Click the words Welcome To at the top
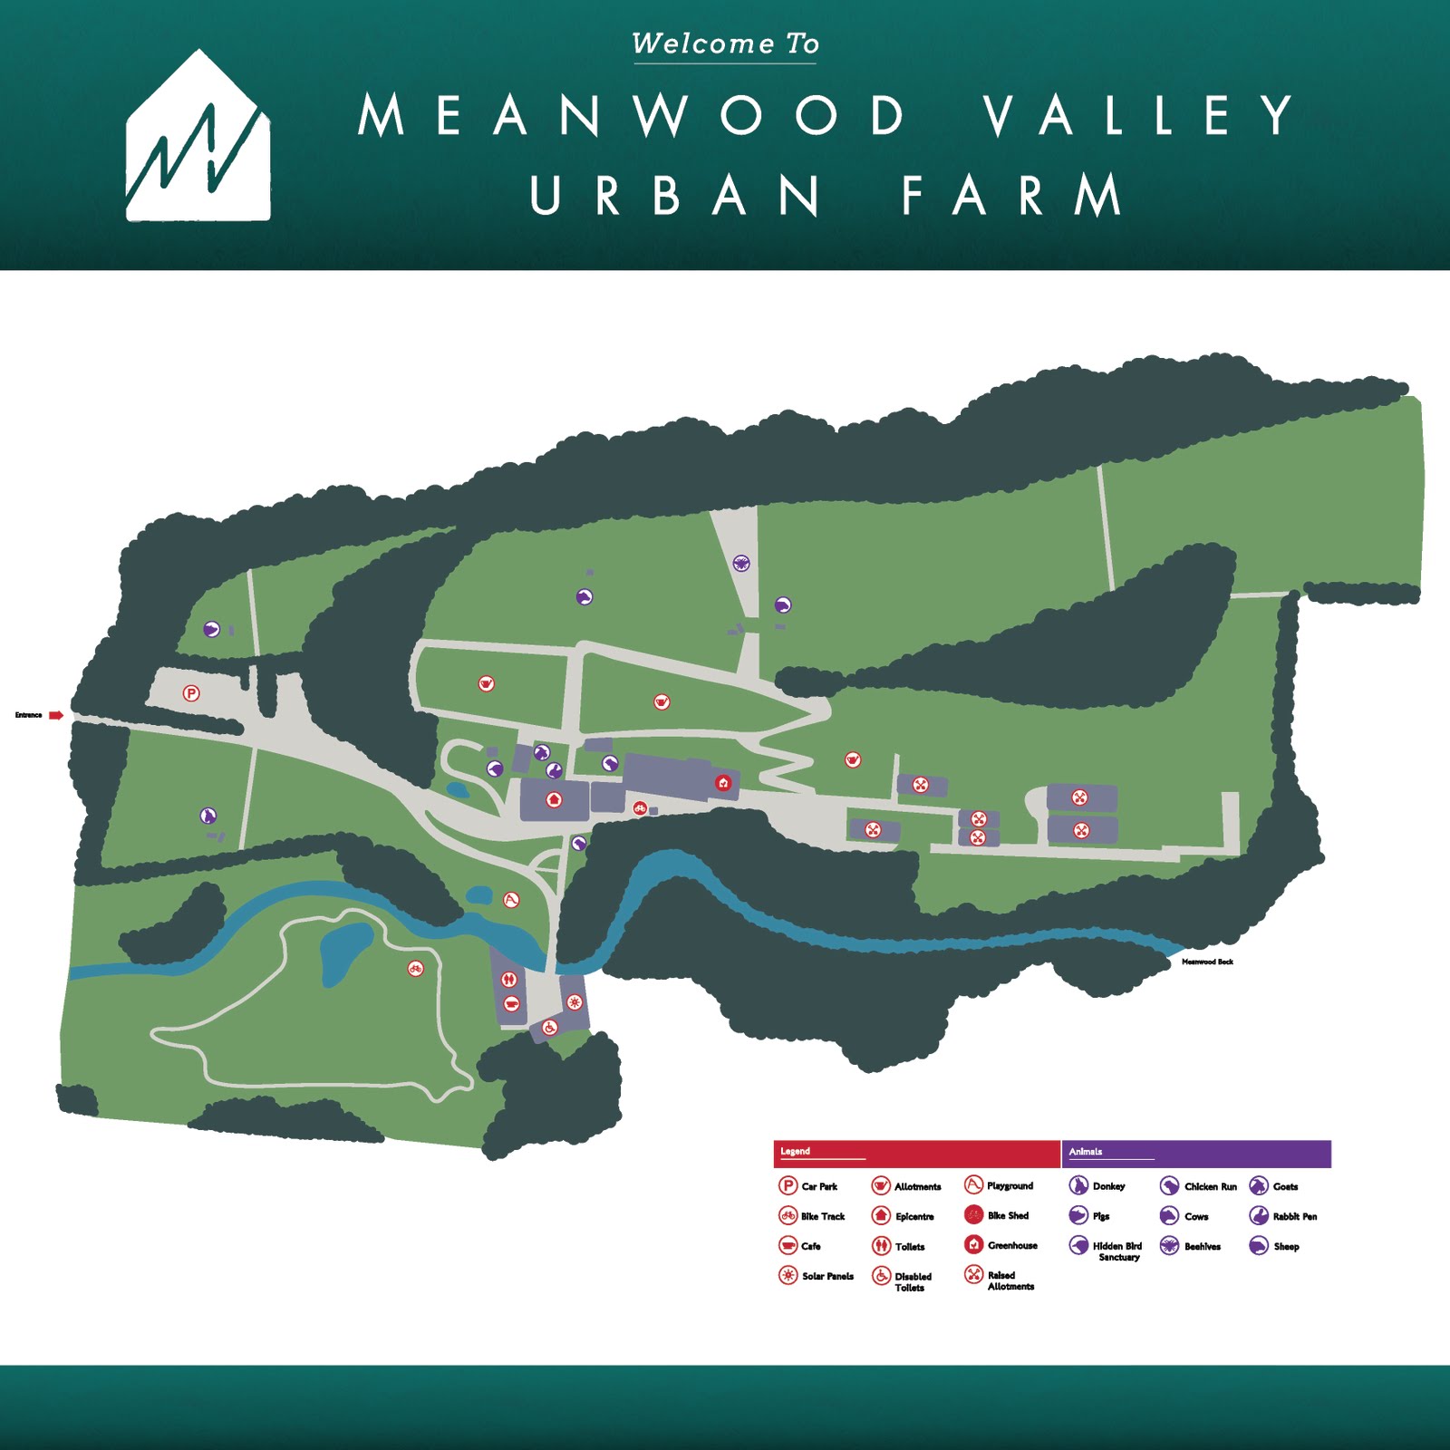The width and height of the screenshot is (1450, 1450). click(x=725, y=43)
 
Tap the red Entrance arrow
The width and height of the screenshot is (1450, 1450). click(x=56, y=715)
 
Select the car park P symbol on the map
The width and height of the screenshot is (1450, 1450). click(x=190, y=693)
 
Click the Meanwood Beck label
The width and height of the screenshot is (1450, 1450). click(x=1207, y=962)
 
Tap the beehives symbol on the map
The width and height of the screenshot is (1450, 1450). click(x=740, y=563)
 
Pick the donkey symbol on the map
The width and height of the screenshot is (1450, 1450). click(x=208, y=816)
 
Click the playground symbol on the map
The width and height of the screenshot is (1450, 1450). click(x=511, y=900)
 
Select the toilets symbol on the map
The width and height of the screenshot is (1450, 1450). click(x=509, y=979)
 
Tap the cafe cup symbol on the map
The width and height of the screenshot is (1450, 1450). click(x=511, y=1003)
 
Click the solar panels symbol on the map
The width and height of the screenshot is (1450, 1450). click(x=574, y=1001)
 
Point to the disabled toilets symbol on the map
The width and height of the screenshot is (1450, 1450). click(x=549, y=1028)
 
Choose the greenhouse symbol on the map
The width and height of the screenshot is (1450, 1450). click(x=723, y=783)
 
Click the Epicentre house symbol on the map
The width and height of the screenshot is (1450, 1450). click(x=554, y=799)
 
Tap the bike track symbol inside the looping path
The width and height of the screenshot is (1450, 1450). click(x=415, y=969)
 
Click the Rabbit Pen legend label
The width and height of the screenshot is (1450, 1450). click(x=1295, y=1216)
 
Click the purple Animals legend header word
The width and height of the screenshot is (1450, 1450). click(x=1086, y=1152)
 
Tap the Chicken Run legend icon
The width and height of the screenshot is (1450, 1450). click(x=1169, y=1186)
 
